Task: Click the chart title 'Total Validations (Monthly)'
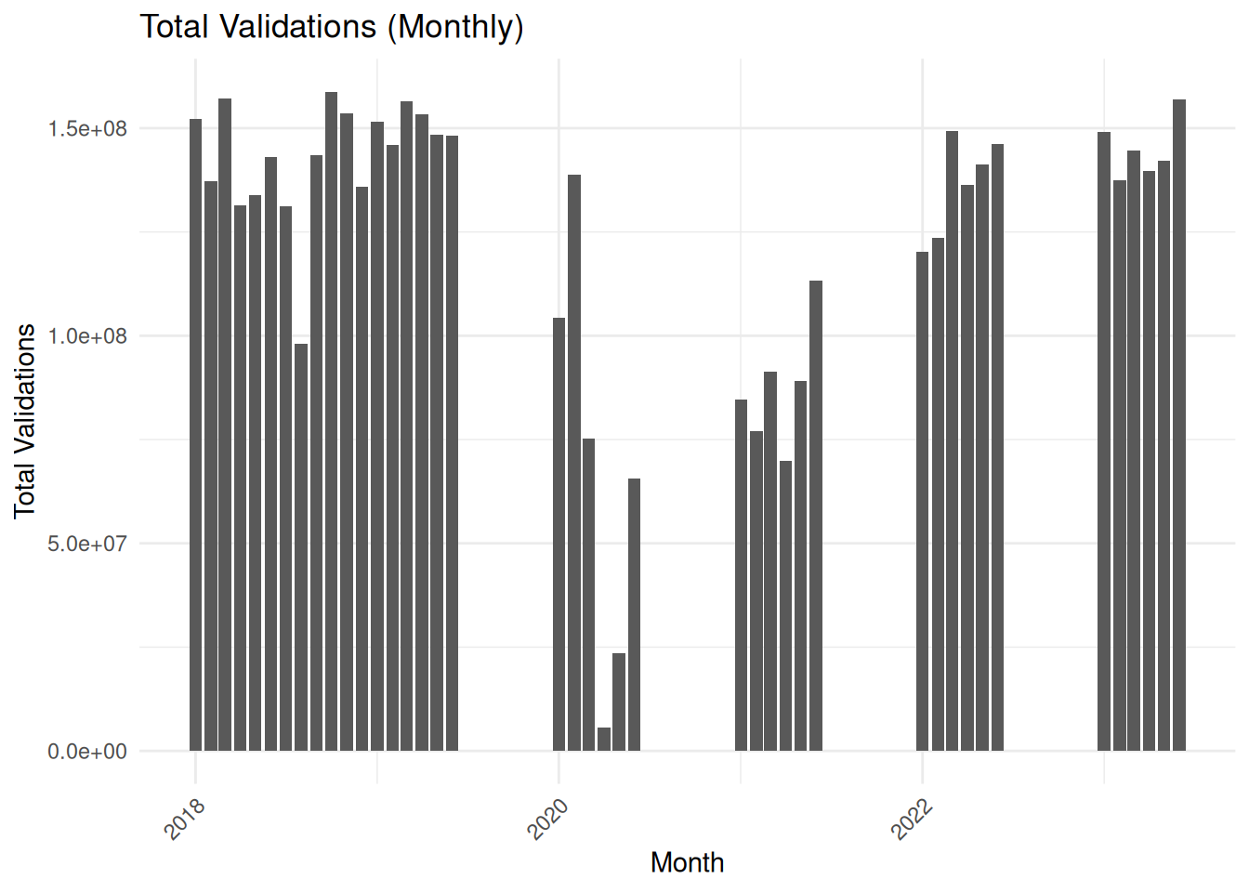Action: tap(332, 27)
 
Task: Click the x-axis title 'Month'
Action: tap(687, 862)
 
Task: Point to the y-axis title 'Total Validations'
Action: tap(25, 420)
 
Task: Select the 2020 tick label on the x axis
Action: tap(548, 818)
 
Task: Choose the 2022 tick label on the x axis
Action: tap(912, 818)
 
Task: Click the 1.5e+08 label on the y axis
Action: tap(87, 128)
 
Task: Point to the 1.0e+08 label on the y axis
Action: tap(87, 336)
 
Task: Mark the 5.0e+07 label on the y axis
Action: tap(87, 544)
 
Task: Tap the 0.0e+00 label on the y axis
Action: tap(87, 751)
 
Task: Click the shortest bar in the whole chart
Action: tap(604, 740)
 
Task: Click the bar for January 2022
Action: tap(922, 502)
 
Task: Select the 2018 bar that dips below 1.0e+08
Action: tap(301, 547)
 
